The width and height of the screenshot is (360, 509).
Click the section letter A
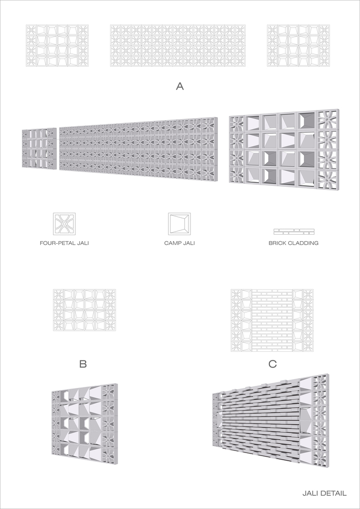click(x=179, y=87)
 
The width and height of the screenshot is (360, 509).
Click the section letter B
click(x=83, y=364)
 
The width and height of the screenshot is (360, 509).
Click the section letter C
click(x=272, y=364)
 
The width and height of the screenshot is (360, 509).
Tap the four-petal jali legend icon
click(x=64, y=223)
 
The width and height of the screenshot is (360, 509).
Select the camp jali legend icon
click(x=179, y=223)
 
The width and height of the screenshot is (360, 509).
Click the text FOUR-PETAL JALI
click(x=64, y=243)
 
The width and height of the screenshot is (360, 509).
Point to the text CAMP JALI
click(x=179, y=243)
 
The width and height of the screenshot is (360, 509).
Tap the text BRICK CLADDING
click(x=293, y=243)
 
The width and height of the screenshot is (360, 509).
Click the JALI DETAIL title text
click(x=324, y=493)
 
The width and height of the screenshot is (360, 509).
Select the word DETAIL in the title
click(x=334, y=493)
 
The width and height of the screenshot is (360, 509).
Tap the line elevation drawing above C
click(x=272, y=320)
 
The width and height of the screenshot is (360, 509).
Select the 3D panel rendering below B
click(x=85, y=420)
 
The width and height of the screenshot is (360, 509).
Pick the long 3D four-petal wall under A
click(x=139, y=150)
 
